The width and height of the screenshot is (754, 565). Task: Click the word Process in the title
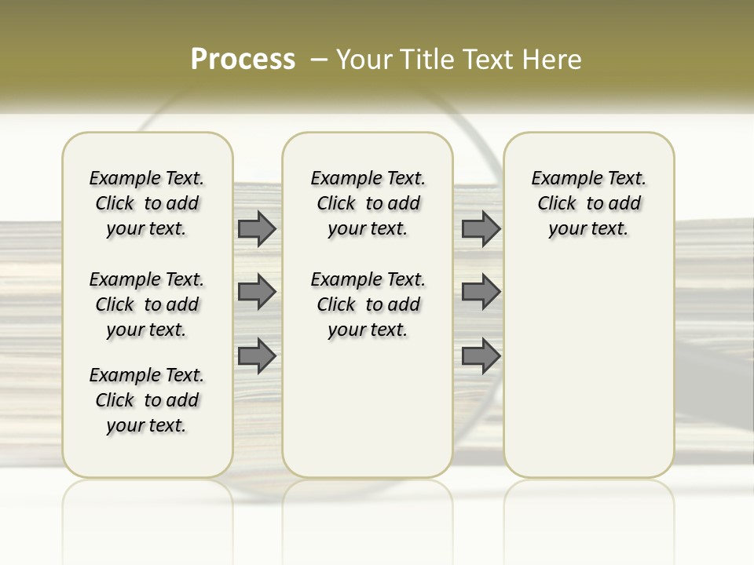[243, 59]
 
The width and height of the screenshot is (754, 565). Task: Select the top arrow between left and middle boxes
[257, 228]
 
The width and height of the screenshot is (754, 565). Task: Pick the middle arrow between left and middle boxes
[257, 292]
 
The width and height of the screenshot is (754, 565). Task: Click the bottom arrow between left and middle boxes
[257, 355]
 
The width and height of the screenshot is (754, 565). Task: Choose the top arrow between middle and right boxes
[481, 228]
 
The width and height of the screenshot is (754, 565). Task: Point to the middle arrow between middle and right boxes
[481, 292]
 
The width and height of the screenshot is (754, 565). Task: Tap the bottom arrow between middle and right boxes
[481, 355]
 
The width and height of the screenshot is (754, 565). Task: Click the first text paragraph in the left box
[147, 203]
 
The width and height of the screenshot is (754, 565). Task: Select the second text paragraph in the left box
[147, 304]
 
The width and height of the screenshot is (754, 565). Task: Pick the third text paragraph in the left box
[147, 400]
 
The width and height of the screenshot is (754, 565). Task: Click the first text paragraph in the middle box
[368, 203]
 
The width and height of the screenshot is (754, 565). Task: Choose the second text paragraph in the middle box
[368, 304]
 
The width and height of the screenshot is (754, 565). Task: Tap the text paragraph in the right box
[588, 203]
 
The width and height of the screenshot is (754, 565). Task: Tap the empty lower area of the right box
[588, 377]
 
